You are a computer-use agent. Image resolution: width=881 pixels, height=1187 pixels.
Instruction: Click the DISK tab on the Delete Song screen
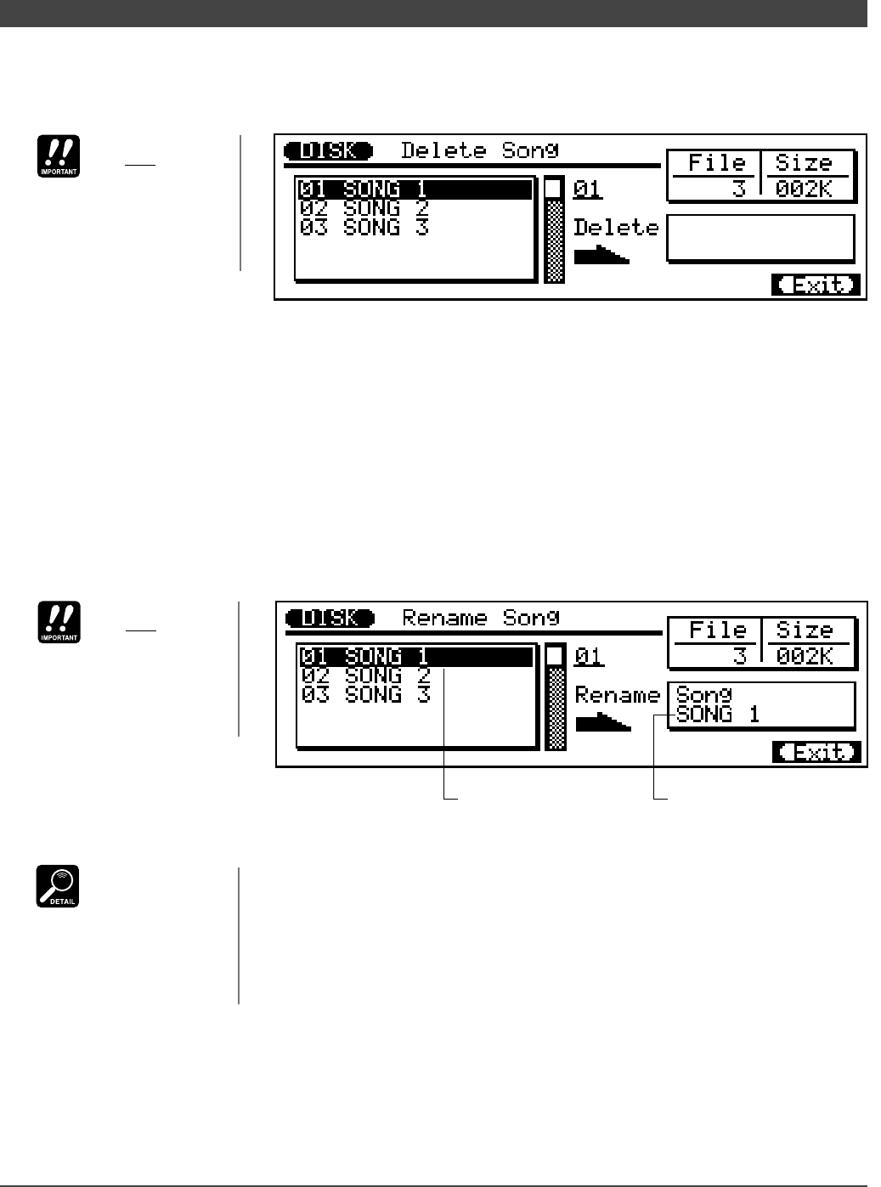click(328, 151)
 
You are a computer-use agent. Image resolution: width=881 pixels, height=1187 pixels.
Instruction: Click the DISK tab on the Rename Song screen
click(330, 619)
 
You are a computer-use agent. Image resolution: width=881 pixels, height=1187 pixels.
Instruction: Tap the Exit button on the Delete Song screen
click(816, 285)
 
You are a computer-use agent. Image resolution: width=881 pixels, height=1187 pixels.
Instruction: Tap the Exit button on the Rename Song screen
click(816, 753)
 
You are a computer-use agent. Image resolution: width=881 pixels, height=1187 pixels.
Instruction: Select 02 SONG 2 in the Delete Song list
click(364, 208)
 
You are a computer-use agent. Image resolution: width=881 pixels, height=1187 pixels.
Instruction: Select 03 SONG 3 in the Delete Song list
click(364, 228)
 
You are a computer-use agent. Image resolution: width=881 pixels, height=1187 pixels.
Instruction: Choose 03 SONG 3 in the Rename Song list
click(366, 695)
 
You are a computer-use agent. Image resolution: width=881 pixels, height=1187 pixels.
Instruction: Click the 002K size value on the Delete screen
click(804, 189)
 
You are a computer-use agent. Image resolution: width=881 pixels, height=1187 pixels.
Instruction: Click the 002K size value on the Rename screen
click(805, 656)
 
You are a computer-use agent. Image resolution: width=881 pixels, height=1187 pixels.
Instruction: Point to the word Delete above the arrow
click(616, 228)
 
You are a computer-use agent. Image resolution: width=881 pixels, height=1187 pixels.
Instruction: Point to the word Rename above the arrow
click(618, 695)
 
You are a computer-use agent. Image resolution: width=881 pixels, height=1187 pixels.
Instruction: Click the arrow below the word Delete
click(601, 254)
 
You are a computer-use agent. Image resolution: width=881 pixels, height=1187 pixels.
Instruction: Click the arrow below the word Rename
click(603, 722)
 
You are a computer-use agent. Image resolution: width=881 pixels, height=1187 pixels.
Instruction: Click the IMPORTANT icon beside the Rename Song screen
click(58, 622)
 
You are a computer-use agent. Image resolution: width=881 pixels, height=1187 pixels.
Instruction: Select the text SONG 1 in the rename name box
click(717, 715)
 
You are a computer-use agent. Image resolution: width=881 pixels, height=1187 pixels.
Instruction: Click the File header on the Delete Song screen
click(717, 163)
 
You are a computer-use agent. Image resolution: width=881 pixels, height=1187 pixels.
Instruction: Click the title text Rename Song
click(481, 618)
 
